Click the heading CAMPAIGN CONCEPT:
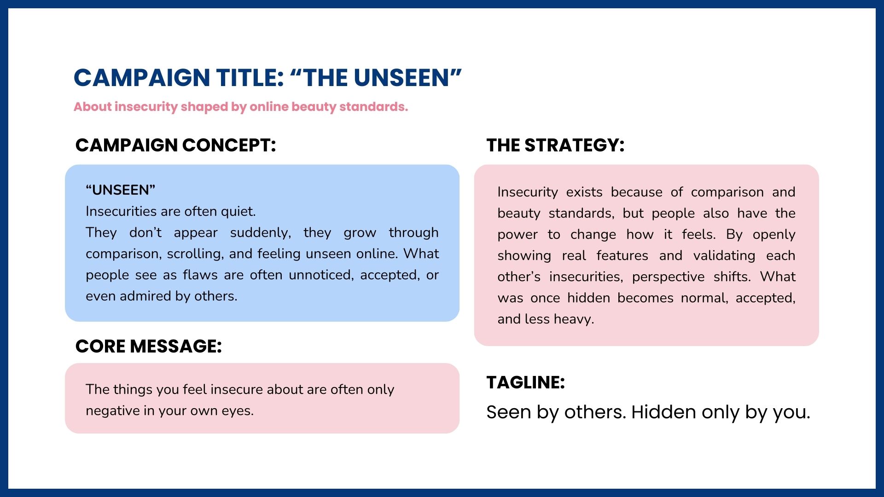pos(175,145)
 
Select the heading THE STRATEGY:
pos(555,145)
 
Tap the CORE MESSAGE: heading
pos(148,347)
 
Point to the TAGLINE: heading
pos(525,382)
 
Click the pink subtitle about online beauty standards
pos(241,107)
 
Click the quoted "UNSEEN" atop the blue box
pos(121,190)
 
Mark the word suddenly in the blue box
pos(261,233)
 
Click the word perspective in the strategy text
pos(668,277)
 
